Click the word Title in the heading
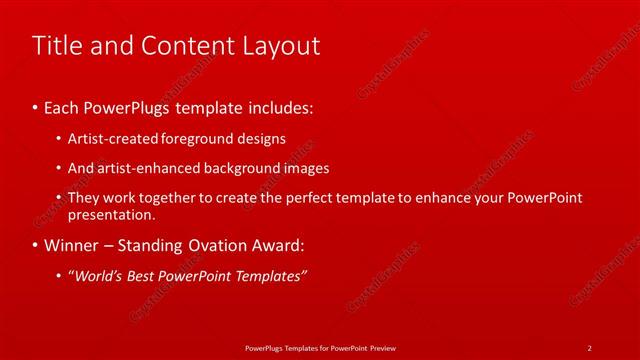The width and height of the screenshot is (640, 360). point(54,46)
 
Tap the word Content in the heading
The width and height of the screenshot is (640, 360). point(189,46)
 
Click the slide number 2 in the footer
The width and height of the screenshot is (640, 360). point(590,347)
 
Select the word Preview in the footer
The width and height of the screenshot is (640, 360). point(379,347)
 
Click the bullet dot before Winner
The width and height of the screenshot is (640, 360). point(36,245)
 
